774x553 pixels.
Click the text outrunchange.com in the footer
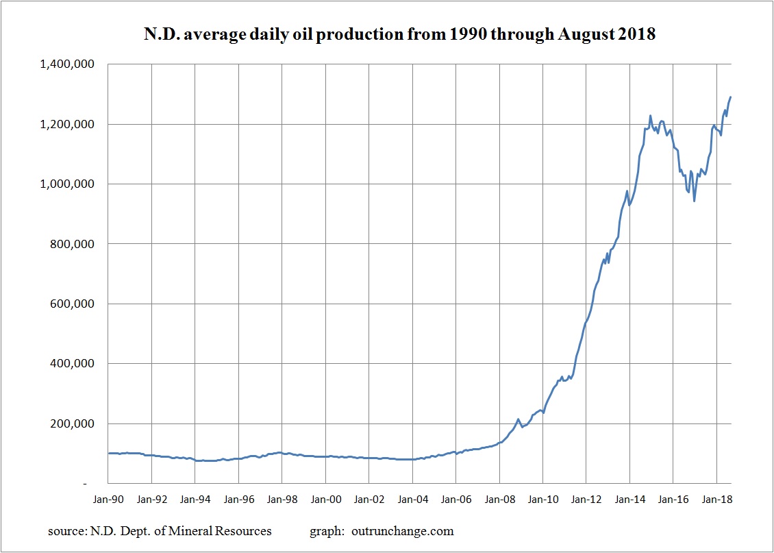pyautogui.click(x=403, y=531)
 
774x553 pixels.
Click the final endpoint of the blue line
pyautogui.click(x=730, y=97)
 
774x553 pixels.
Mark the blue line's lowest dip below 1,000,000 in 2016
pyautogui.click(x=695, y=201)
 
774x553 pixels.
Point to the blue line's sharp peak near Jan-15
pyautogui.click(x=650, y=116)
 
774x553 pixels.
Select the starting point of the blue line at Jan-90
pyautogui.click(x=108, y=453)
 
